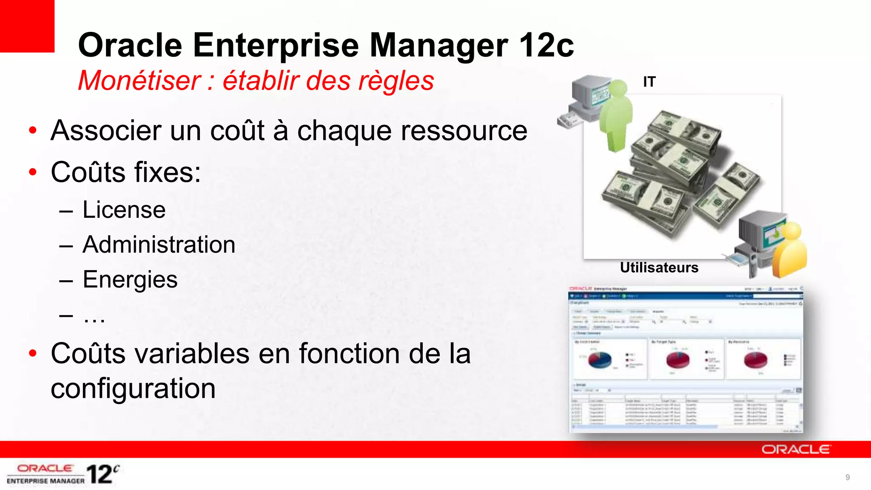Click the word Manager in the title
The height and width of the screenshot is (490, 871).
(438, 45)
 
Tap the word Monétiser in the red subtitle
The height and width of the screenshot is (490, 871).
(139, 80)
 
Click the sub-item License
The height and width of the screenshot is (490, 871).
(124, 210)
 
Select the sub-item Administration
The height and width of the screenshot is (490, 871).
(159, 245)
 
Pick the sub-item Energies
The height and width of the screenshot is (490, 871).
(130, 279)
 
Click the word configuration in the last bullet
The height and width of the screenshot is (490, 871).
(133, 388)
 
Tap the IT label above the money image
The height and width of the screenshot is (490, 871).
(649, 82)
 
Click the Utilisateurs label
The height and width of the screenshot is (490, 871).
(659, 268)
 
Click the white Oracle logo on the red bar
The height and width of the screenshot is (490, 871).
(795, 450)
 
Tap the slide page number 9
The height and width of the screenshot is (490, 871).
(847, 477)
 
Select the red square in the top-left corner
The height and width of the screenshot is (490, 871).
(27, 26)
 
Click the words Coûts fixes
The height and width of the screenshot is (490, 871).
(126, 172)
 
